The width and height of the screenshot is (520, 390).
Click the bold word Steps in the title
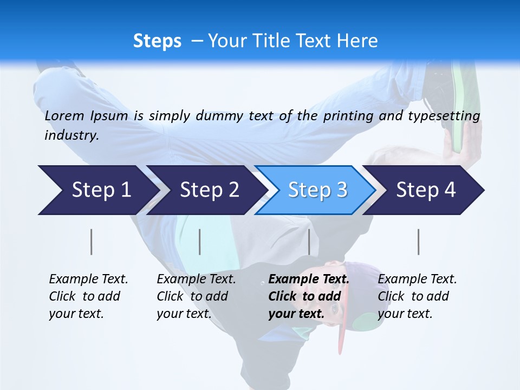(157, 41)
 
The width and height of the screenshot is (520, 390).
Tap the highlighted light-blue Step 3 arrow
(317, 190)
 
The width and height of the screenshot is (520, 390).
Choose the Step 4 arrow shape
(426, 190)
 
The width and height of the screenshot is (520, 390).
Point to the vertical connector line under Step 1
(92, 242)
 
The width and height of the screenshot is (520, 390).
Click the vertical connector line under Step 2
(200, 242)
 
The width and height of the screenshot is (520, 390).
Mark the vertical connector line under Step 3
(309, 242)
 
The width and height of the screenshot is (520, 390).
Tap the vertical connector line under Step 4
(419, 242)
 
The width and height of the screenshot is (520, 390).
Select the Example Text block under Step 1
(88, 296)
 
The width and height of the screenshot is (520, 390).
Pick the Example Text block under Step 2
(196, 296)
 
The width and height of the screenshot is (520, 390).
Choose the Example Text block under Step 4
(417, 296)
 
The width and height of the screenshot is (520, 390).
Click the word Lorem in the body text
(64, 115)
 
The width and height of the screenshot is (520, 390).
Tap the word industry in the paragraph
(71, 135)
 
